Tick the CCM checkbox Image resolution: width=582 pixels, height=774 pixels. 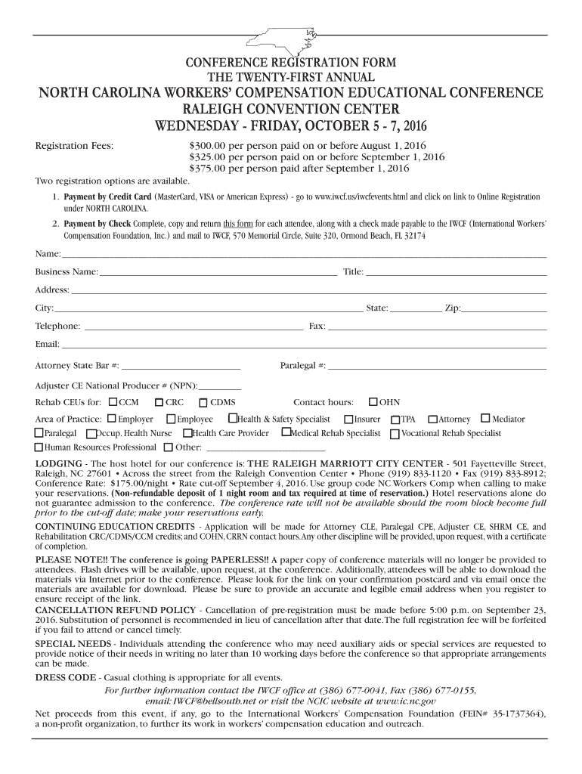[113, 402]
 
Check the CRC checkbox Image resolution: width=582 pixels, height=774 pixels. [159, 402]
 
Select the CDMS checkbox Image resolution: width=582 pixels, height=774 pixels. [203, 402]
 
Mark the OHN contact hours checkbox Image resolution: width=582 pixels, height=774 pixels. [373, 402]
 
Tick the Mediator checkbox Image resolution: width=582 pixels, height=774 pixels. [485, 418]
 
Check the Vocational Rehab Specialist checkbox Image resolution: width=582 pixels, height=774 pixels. [395, 434]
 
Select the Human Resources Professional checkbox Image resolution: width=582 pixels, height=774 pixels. [39, 447]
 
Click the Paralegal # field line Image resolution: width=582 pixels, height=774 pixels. [437, 369]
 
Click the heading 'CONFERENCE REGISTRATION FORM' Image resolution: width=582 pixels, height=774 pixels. [291, 62]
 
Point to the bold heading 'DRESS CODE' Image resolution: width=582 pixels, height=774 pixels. [66, 676]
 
